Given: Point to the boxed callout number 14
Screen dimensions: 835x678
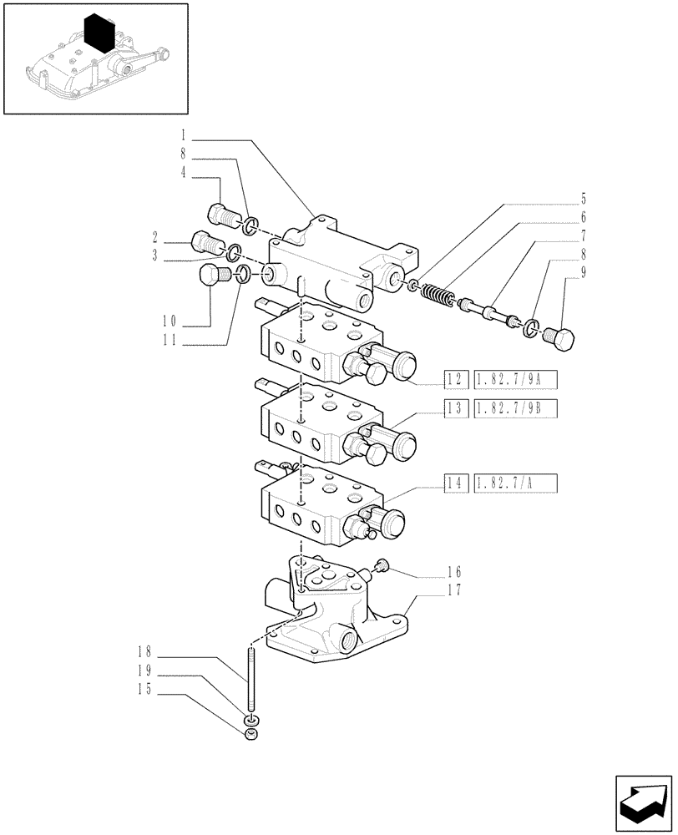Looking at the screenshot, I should (454, 482).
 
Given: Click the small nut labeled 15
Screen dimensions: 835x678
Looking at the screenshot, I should (250, 734).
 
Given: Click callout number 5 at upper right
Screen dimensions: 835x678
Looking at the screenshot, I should (583, 200).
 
